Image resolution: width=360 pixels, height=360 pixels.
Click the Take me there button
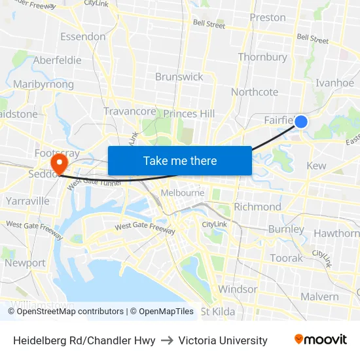coord(180,160)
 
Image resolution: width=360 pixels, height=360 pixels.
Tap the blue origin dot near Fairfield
coord(301,121)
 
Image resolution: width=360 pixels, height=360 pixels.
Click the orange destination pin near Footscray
coord(60,162)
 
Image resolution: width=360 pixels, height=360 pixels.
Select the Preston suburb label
coord(268,18)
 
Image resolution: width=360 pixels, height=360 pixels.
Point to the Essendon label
coord(82,37)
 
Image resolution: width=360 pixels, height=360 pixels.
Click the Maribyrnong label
coord(43,84)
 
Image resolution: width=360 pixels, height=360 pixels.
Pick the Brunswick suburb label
coord(179,77)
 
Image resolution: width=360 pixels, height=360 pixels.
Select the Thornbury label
coord(262,58)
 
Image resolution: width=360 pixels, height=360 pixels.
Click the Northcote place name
coord(255,92)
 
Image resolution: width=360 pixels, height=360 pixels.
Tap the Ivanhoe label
coord(334,83)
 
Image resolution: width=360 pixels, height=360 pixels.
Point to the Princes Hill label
coord(189,114)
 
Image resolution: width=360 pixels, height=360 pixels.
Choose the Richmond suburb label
coord(257,207)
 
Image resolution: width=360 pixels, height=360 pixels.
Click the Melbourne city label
coord(183,193)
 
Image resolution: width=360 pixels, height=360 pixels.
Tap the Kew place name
coord(316,166)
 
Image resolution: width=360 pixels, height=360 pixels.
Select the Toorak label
coord(287,258)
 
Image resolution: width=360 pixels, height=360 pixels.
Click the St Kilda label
coord(219,312)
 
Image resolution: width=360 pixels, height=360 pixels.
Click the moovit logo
coord(320,340)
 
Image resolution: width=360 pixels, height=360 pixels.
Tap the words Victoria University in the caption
coord(223,340)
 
